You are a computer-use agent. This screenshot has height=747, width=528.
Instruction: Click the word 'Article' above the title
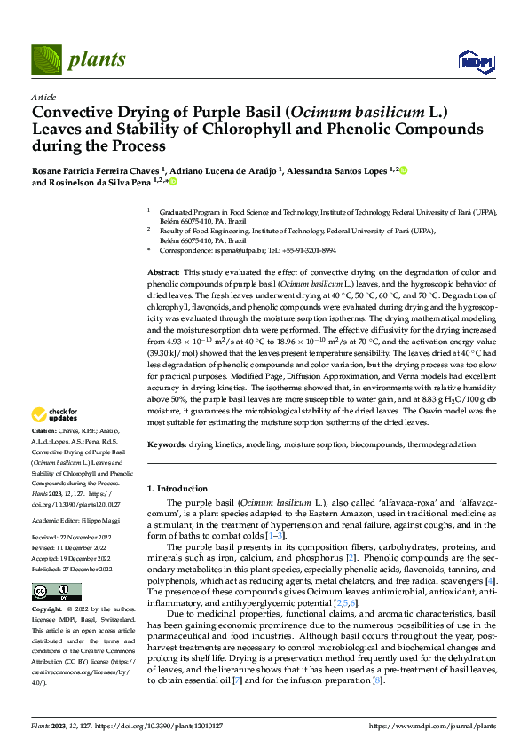pos(43,97)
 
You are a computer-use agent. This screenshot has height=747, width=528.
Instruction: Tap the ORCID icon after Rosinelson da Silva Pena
pos(173,182)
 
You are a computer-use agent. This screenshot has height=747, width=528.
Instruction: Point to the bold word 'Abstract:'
pos(162,271)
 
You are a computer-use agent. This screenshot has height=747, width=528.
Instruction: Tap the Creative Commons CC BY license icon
pos(56,592)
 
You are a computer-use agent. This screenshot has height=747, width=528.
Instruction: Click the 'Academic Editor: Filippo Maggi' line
pos(73,522)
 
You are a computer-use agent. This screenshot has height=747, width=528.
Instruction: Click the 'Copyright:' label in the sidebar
pos(49,610)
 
